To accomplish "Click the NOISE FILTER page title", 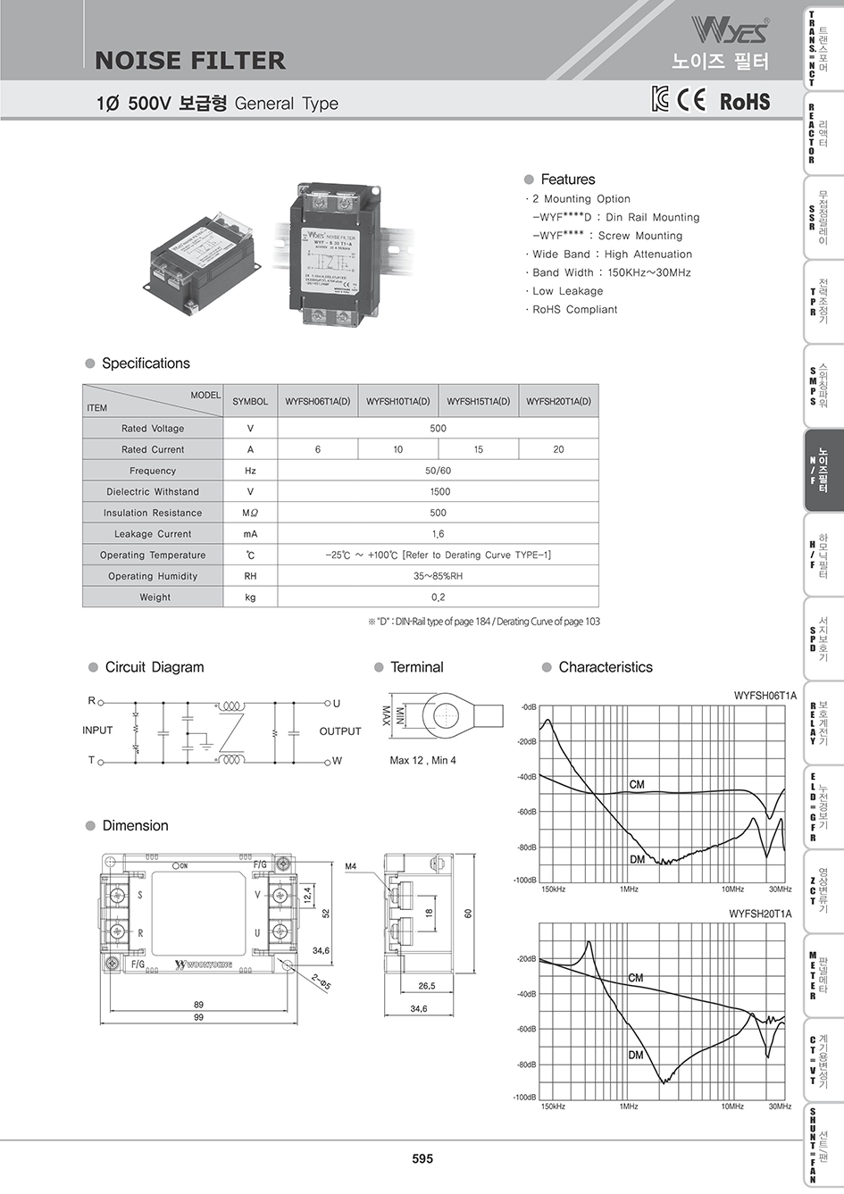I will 189,61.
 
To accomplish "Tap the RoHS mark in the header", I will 744,102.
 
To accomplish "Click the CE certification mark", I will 690,100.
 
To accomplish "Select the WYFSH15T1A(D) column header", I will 478,402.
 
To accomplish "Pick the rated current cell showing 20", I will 558,450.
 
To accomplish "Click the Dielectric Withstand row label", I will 153,492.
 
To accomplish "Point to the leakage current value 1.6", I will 438,534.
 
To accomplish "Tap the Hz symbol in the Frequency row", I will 250,471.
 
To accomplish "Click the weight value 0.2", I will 438,597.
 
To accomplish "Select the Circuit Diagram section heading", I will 154,667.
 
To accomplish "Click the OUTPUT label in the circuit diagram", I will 340,731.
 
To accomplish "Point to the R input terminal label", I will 91,702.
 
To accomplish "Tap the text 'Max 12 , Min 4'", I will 422,761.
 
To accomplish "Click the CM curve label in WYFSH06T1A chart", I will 636,784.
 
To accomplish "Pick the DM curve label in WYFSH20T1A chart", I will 635,1055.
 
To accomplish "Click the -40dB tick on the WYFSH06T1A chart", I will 528,777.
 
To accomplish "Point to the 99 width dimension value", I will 198,1017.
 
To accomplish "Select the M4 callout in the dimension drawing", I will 351,866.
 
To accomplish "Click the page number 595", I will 422,1158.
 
